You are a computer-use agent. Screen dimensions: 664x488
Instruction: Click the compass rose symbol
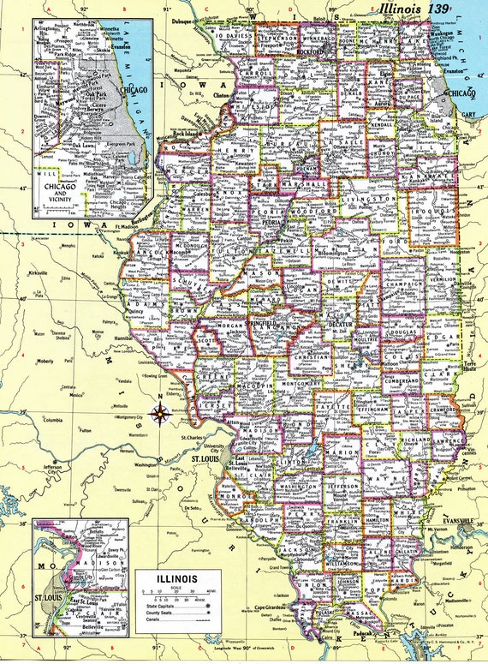pyautogui.click(x=160, y=415)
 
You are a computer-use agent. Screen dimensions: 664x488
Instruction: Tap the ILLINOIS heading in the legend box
pyautogui.click(x=176, y=579)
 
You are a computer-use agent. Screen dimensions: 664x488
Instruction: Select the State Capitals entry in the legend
pyautogui.click(x=167, y=607)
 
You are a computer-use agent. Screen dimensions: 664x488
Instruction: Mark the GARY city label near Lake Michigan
pyautogui.click(x=467, y=113)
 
